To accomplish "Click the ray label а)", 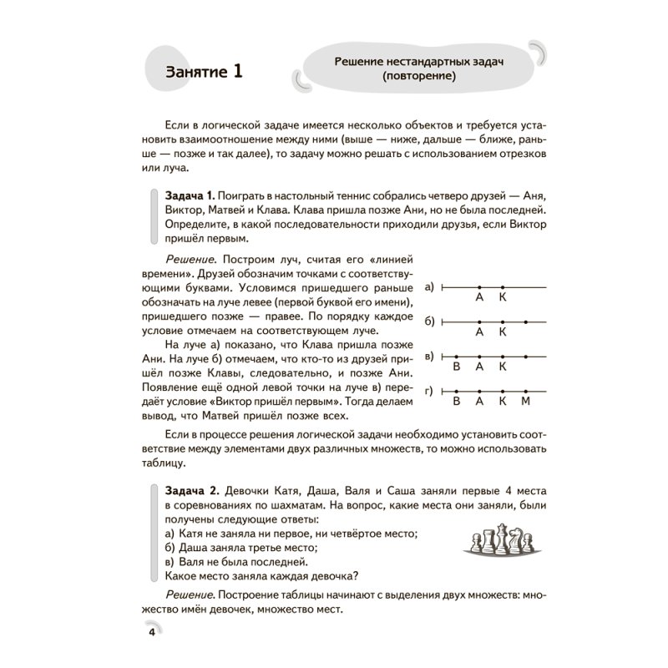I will click(429, 287).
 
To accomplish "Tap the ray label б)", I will click(429, 321).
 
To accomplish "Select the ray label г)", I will click(429, 391).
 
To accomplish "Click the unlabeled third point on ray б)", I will click(525, 321).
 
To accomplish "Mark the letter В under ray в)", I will click(457, 367).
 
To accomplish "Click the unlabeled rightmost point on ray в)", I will click(525, 356).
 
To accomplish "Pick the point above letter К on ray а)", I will click(502, 287).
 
